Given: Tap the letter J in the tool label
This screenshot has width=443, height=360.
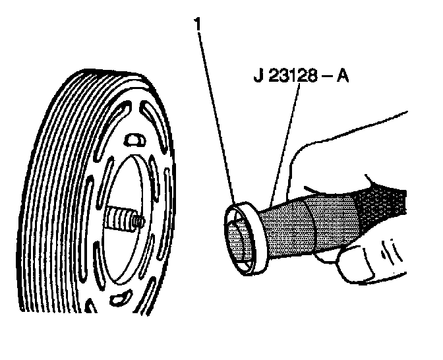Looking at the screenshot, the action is point(258,74).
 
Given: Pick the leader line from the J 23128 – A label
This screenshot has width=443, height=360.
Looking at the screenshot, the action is point(287,139).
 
